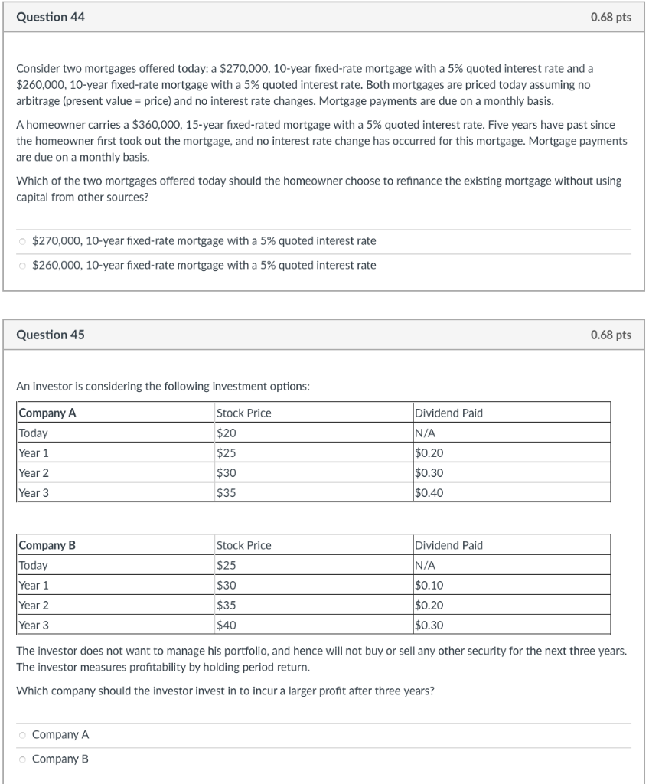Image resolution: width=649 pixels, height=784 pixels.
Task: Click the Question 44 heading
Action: point(51,17)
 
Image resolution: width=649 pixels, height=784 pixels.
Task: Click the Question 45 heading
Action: point(51,335)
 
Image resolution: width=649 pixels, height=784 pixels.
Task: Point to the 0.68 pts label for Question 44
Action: point(611,17)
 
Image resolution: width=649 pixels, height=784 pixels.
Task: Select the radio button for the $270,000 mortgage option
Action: point(22,241)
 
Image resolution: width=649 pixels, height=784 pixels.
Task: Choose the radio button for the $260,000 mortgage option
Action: point(22,266)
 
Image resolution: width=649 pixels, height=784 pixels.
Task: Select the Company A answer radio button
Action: point(22,735)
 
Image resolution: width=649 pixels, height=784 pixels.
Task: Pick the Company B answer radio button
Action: point(22,759)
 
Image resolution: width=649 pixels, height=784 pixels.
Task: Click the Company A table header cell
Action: point(47,413)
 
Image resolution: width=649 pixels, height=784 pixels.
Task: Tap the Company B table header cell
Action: point(47,545)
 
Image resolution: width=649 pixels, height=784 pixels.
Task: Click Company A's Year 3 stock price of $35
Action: point(227,492)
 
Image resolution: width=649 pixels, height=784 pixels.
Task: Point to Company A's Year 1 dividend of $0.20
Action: point(429,452)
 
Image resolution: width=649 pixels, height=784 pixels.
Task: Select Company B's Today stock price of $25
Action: point(227,565)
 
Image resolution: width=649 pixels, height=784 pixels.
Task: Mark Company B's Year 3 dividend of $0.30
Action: point(429,625)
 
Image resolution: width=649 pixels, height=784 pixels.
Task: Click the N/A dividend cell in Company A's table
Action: point(424,433)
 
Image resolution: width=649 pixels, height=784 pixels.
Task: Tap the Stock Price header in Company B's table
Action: point(244,545)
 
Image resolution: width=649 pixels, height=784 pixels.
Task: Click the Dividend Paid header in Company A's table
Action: point(448,413)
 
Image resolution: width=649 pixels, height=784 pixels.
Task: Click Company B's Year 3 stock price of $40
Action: point(227,625)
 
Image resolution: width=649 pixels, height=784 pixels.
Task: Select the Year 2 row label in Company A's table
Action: point(34,472)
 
